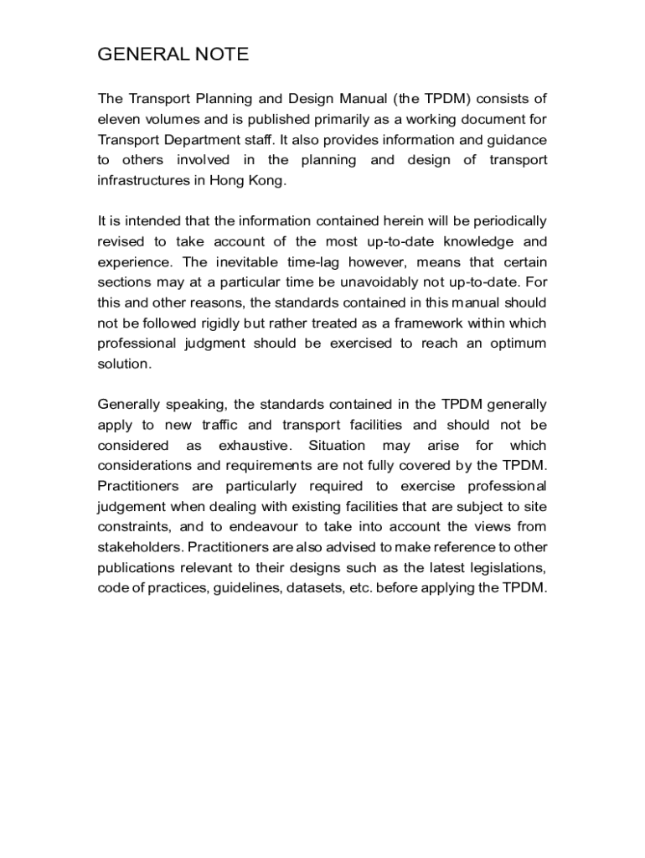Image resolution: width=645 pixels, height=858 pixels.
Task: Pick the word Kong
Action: pos(266,180)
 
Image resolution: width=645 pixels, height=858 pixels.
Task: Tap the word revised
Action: pos(120,241)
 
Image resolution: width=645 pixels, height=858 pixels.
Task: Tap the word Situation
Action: pos(336,445)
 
